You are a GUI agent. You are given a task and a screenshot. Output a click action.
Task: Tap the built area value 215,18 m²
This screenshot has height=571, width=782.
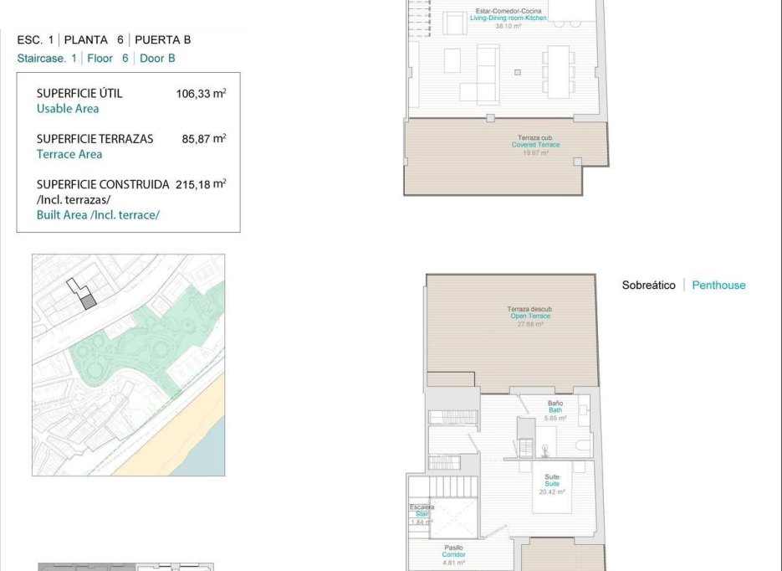(201, 184)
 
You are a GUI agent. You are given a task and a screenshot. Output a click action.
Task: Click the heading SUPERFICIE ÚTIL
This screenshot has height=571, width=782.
(79, 94)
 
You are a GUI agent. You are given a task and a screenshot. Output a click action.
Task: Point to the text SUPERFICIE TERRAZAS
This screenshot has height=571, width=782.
(95, 139)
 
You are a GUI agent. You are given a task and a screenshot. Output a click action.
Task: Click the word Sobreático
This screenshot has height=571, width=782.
(648, 285)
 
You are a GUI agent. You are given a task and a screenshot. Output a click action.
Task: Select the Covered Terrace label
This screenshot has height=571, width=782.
(535, 145)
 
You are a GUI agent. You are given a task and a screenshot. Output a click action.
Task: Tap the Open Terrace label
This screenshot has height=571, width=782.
(530, 316)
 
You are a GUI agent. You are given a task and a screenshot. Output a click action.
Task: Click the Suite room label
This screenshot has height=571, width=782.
(552, 484)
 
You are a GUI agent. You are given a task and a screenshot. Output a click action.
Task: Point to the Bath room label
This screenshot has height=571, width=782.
(555, 410)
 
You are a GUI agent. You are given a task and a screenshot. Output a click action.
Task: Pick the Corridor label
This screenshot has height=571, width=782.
(454, 555)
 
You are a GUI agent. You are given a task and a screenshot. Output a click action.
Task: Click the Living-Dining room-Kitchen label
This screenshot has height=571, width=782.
(508, 18)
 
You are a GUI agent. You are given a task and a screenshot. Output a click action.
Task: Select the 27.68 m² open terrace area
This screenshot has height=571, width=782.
(530, 324)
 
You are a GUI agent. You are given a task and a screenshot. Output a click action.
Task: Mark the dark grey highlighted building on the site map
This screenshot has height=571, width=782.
(89, 301)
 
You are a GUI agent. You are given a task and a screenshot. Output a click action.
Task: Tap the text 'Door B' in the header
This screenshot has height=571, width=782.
(158, 59)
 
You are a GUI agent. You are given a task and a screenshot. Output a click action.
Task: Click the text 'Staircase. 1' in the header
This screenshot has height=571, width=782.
(47, 59)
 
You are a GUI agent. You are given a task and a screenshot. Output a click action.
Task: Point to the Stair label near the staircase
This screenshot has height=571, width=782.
(421, 514)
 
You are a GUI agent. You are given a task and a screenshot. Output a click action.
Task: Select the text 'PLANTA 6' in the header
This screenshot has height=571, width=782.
(98, 39)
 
